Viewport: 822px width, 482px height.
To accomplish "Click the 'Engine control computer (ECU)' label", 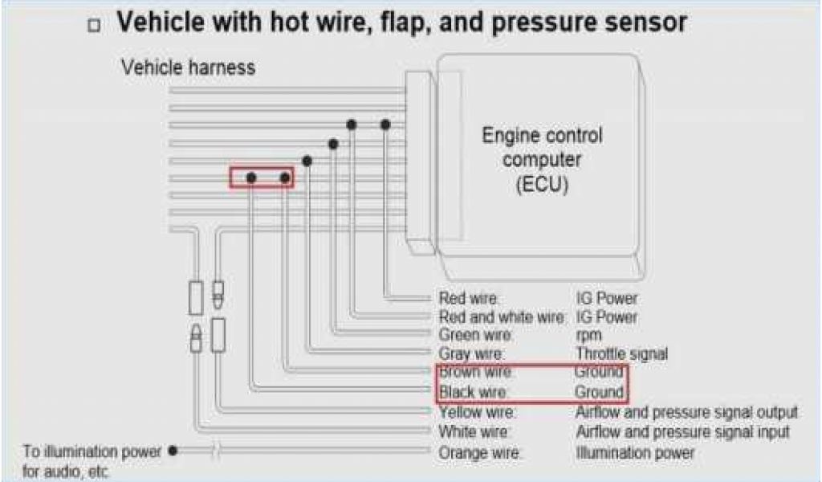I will coord(542,159).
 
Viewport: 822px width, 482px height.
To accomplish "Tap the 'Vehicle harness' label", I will coord(188,67).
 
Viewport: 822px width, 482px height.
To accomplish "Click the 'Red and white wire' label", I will coord(501,317).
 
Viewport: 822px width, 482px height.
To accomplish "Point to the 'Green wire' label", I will coord(476,335).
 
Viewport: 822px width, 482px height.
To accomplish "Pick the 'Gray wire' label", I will coord(471,353).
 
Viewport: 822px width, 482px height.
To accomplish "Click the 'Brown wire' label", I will coord(475,373).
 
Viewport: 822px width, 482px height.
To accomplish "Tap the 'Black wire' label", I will coord(474,393).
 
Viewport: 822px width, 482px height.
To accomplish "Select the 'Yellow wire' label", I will coord(477,412).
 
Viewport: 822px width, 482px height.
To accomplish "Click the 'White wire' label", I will coord(474,432).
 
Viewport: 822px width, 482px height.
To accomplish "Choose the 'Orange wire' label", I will coord(479,452).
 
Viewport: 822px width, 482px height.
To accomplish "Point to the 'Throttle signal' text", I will coord(621,353).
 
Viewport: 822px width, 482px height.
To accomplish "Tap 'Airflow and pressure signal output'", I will coord(686,412).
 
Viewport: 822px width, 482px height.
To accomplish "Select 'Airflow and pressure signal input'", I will coord(682,432).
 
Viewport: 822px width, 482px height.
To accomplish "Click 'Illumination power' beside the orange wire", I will coord(635,452).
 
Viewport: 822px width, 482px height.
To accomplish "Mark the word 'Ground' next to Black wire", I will coord(599,393).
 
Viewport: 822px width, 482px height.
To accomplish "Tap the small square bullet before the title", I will coord(96,26).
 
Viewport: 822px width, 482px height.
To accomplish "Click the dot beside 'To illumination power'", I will coord(173,451).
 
